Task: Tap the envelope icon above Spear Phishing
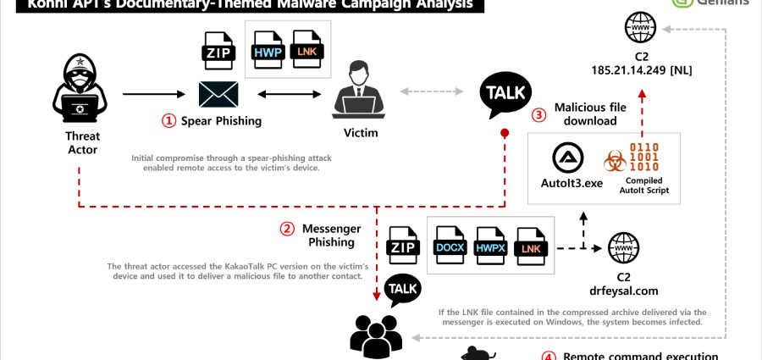(218, 93)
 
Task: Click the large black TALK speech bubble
(505, 95)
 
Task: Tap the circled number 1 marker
(169, 121)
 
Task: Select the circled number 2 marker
(287, 229)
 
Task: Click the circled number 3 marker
(538, 115)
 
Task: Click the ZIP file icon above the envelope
(218, 51)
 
